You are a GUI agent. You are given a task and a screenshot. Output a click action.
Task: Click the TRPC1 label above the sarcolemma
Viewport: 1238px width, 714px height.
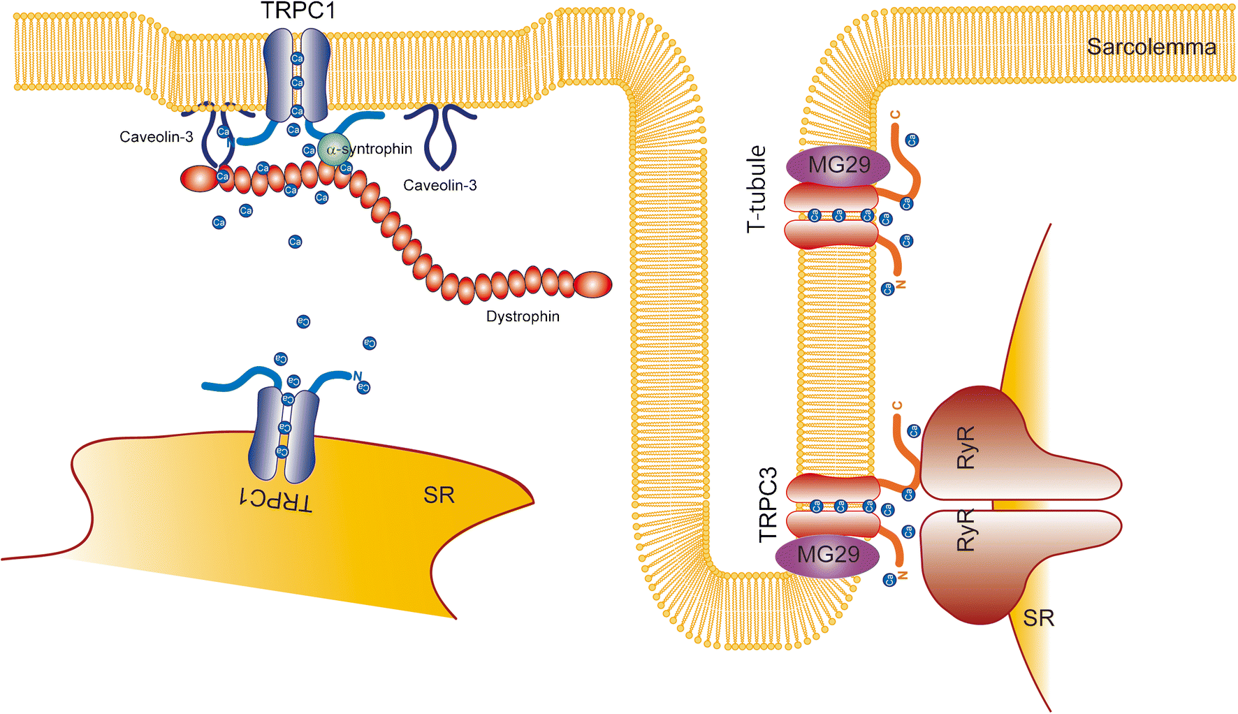point(298,11)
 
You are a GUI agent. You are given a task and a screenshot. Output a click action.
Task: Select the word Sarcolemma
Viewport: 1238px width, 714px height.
point(1151,48)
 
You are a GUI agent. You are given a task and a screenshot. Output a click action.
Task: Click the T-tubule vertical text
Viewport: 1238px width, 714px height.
point(757,189)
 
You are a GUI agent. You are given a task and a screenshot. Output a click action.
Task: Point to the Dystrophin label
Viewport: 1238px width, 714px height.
point(523,316)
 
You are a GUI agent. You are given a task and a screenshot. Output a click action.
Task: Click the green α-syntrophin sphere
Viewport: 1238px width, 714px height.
point(333,150)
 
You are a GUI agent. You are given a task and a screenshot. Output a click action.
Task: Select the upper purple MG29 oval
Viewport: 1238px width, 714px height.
point(838,166)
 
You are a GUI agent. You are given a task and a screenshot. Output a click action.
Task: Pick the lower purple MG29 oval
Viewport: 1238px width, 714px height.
point(828,555)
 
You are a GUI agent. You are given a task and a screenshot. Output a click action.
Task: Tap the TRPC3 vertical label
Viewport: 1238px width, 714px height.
point(768,504)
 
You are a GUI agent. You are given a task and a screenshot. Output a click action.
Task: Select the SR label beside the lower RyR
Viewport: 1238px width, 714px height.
point(1038,618)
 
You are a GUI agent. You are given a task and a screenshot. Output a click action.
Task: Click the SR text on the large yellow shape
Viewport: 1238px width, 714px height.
point(439,495)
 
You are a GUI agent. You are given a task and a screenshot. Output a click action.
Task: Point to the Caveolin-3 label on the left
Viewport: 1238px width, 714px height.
point(156,137)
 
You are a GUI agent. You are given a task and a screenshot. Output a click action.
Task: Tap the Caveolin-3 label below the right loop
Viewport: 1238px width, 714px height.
point(439,185)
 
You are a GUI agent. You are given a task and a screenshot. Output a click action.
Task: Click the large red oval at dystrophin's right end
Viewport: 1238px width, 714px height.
point(592,284)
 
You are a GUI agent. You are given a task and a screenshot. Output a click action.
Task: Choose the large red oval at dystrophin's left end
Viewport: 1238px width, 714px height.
point(199,179)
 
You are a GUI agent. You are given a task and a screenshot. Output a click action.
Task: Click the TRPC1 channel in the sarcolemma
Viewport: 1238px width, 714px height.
point(296,75)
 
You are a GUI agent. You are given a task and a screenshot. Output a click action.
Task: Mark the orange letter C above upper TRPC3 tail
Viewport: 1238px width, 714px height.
point(895,115)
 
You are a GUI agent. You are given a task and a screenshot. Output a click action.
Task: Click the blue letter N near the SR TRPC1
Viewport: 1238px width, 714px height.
point(357,376)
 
